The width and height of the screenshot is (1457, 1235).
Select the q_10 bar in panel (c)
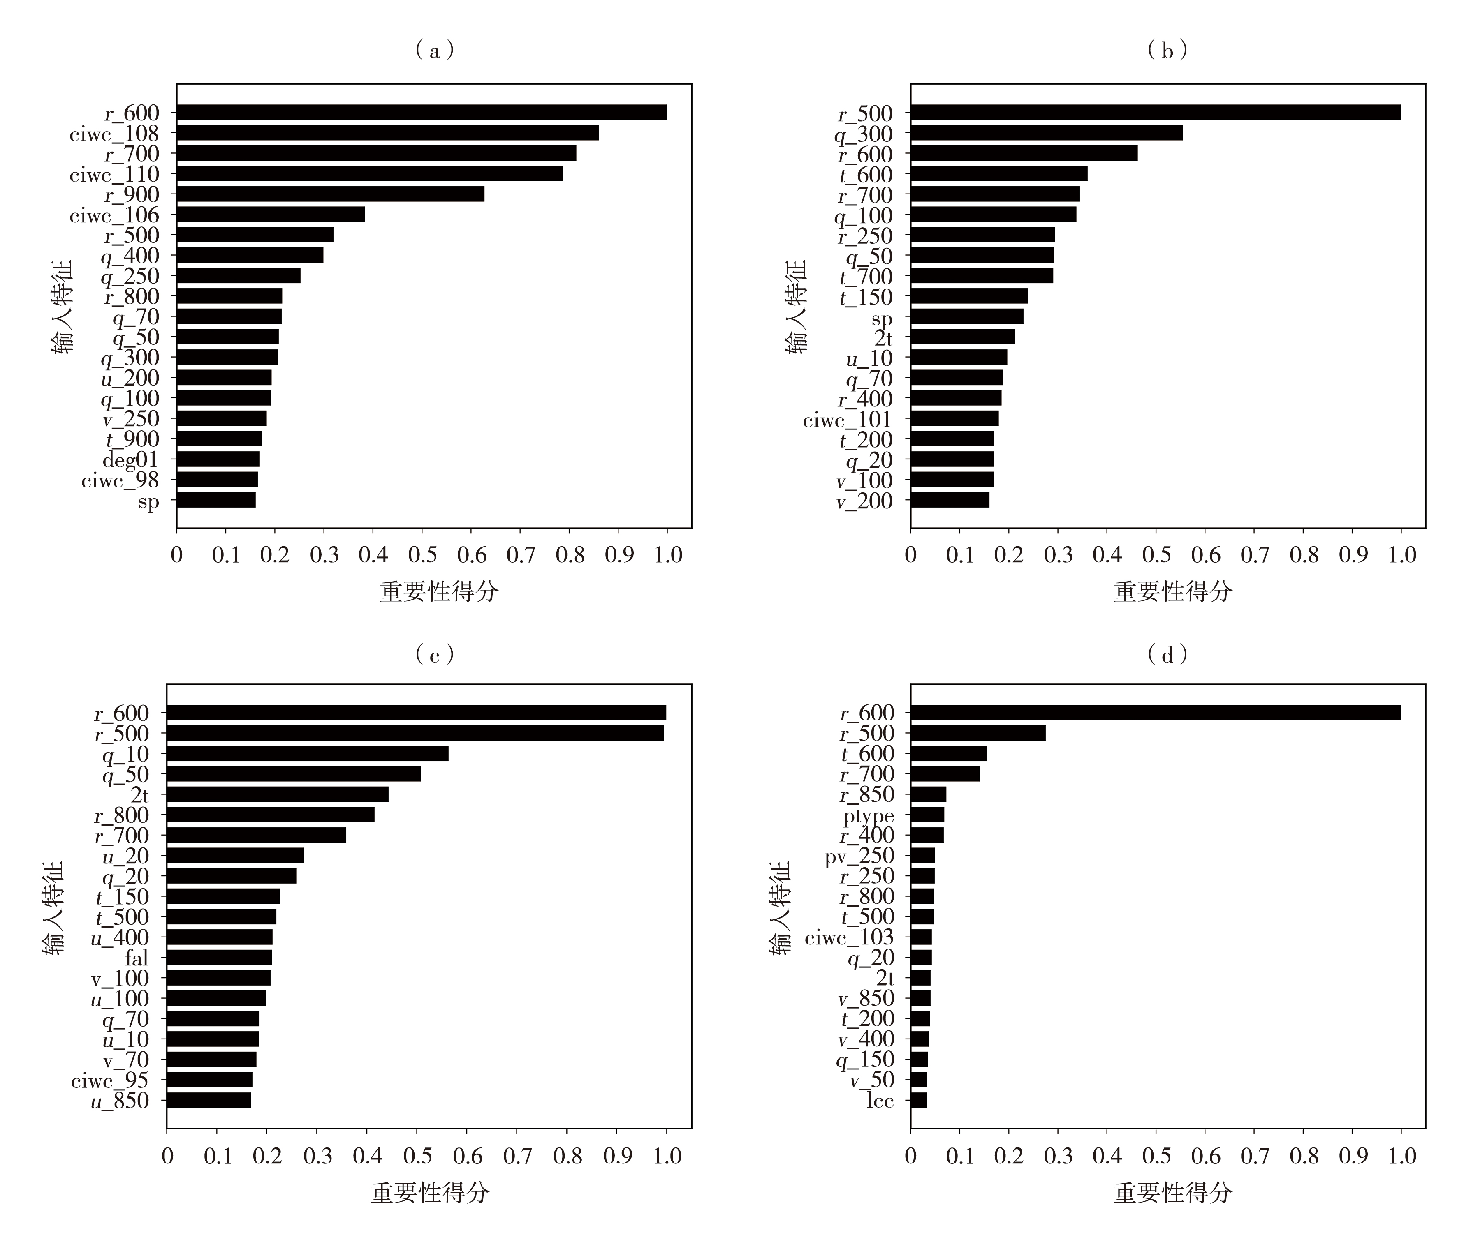(x=308, y=753)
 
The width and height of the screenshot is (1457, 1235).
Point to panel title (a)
(x=435, y=50)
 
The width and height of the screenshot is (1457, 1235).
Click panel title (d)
(x=1168, y=655)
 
